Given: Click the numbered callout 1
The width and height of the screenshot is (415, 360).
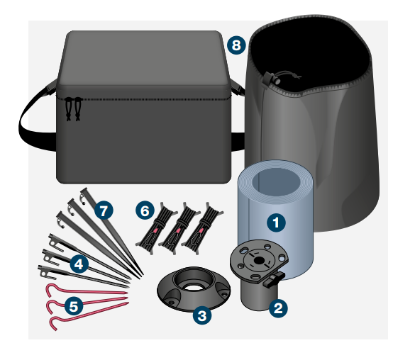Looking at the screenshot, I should [x=276, y=222].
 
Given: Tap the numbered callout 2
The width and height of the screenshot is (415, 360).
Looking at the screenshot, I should [x=277, y=308].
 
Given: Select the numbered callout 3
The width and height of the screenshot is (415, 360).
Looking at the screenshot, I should [x=202, y=315].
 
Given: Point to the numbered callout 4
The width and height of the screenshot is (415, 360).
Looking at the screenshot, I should [x=79, y=264].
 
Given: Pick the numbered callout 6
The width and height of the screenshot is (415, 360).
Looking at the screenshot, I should [x=145, y=210].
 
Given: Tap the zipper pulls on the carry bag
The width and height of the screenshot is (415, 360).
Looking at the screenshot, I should [x=70, y=108].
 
